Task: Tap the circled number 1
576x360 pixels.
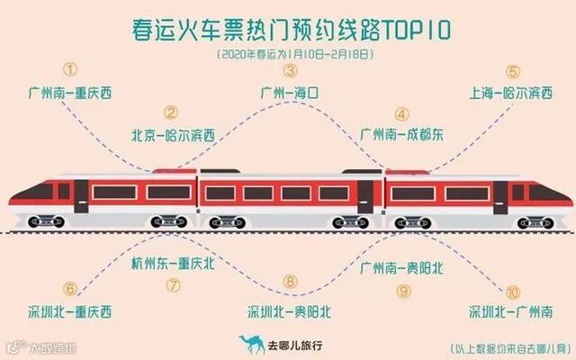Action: pyautogui.click(x=71, y=69)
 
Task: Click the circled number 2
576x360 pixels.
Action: pyautogui.click(x=171, y=113)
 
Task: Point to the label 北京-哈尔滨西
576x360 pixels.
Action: pyautogui.click(x=173, y=136)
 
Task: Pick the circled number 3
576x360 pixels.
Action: pyautogui.click(x=290, y=69)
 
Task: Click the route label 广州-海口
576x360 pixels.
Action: pyautogui.click(x=290, y=92)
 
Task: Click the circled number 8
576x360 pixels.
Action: pyautogui.click(x=290, y=282)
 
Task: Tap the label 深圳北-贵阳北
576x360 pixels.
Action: pyautogui.click(x=290, y=312)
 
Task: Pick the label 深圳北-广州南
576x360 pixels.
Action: pyautogui.click(x=511, y=312)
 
